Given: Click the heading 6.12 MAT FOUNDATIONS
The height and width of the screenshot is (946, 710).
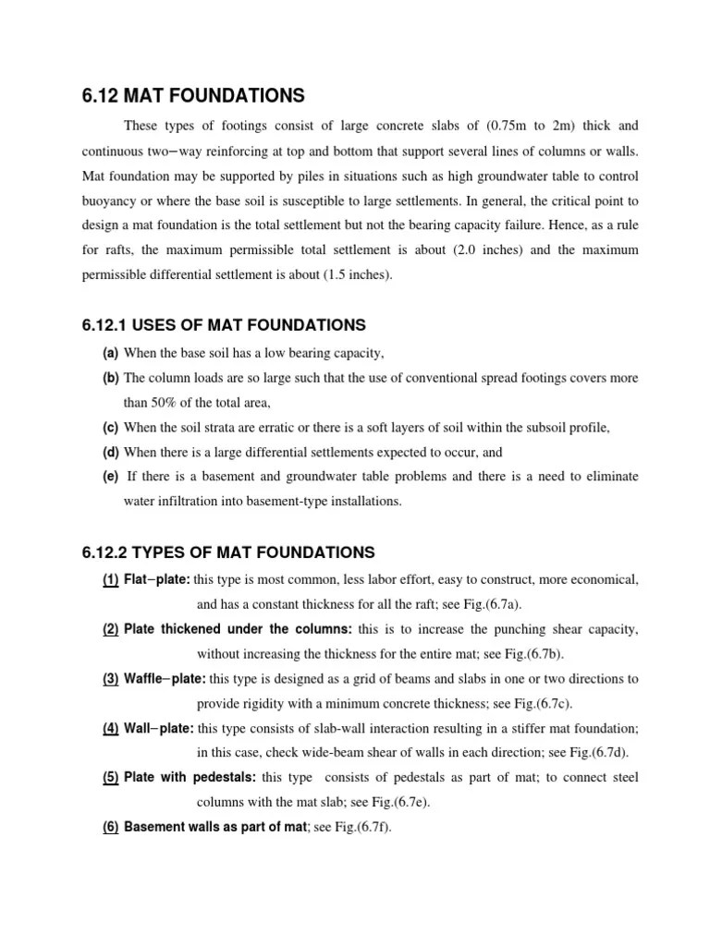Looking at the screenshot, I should point(193,95).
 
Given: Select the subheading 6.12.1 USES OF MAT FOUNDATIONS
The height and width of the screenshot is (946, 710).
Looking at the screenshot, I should point(224,325).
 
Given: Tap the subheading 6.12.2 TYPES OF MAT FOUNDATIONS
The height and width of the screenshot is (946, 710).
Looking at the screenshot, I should point(228,552).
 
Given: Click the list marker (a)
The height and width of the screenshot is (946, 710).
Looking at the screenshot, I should point(110,355).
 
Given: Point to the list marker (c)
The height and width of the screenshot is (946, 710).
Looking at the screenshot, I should point(110,428).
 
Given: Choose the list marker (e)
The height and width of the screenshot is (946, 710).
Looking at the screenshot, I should point(110,477).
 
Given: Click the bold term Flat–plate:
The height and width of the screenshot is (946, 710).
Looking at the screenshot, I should point(157,580).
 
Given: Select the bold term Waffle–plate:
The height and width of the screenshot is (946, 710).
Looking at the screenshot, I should point(165,679).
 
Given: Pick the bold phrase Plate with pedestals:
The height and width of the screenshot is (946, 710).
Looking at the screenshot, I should point(192,778).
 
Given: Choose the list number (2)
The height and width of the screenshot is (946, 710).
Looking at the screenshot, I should point(110,630).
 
